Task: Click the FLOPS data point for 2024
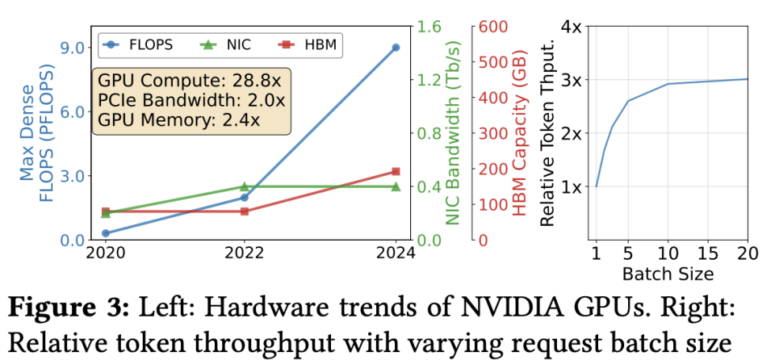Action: coord(396,48)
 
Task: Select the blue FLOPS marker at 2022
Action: coord(245,197)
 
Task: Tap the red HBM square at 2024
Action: coord(396,171)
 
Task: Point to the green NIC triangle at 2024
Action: coord(396,186)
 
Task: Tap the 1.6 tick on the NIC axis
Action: coord(428,27)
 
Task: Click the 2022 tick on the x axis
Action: coord(245,252)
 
